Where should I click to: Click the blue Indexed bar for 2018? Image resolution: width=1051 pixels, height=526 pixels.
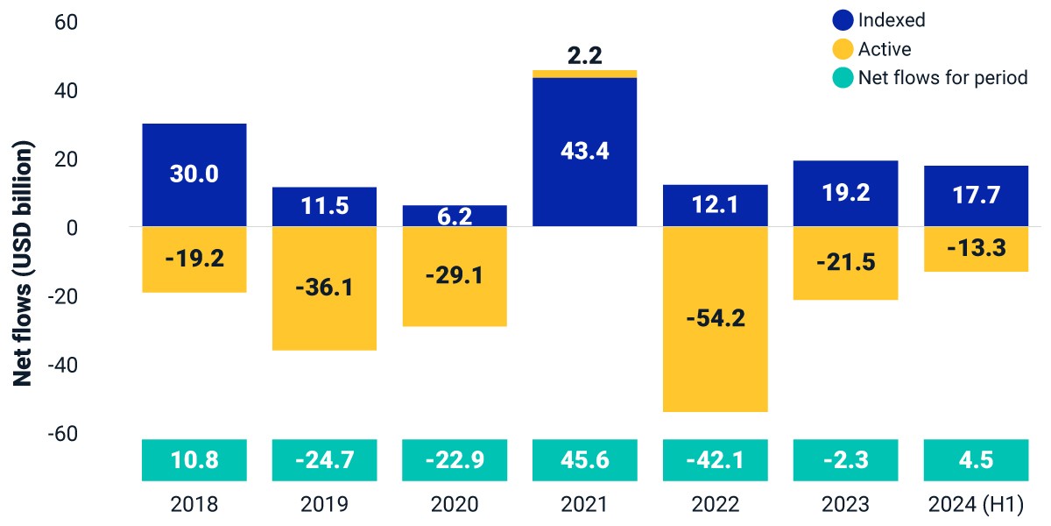pos(194,175)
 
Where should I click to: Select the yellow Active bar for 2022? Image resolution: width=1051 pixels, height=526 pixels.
pos(715,319)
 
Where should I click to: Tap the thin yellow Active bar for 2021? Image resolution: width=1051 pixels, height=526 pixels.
pos(585,74)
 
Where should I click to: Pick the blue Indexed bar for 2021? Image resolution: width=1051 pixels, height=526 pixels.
pos(585,153)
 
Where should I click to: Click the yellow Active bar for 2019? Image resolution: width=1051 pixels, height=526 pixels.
pos(324,288)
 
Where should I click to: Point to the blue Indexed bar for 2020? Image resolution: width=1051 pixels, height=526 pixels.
pos(455,216)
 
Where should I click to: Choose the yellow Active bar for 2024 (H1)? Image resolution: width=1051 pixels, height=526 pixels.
pos(976,249)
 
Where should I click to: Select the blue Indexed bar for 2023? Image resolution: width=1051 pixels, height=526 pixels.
pos(845,194)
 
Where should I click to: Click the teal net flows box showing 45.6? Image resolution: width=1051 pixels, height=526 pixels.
pos(585,460)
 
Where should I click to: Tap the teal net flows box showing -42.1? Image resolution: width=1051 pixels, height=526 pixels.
pos(715,460)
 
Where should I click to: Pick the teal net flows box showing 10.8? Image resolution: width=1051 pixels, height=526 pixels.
pos(194,460)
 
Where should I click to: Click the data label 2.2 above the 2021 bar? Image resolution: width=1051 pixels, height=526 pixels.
pos(585,55)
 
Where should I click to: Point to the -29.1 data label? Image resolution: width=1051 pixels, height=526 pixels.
pos(455,275)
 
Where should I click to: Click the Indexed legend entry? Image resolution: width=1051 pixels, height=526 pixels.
pos(878,20)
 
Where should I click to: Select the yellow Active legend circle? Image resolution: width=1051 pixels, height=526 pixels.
pos(843,49)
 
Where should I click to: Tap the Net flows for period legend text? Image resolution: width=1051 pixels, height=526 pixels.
pos(943,77)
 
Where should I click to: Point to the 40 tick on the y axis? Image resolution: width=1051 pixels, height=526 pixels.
pos(67,90)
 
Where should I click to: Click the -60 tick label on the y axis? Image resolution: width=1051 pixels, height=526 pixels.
pos(63,433)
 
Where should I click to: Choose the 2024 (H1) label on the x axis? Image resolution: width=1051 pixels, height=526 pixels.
pos(976,504)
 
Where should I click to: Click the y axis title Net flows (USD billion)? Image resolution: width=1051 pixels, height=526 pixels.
pos(23,263)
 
